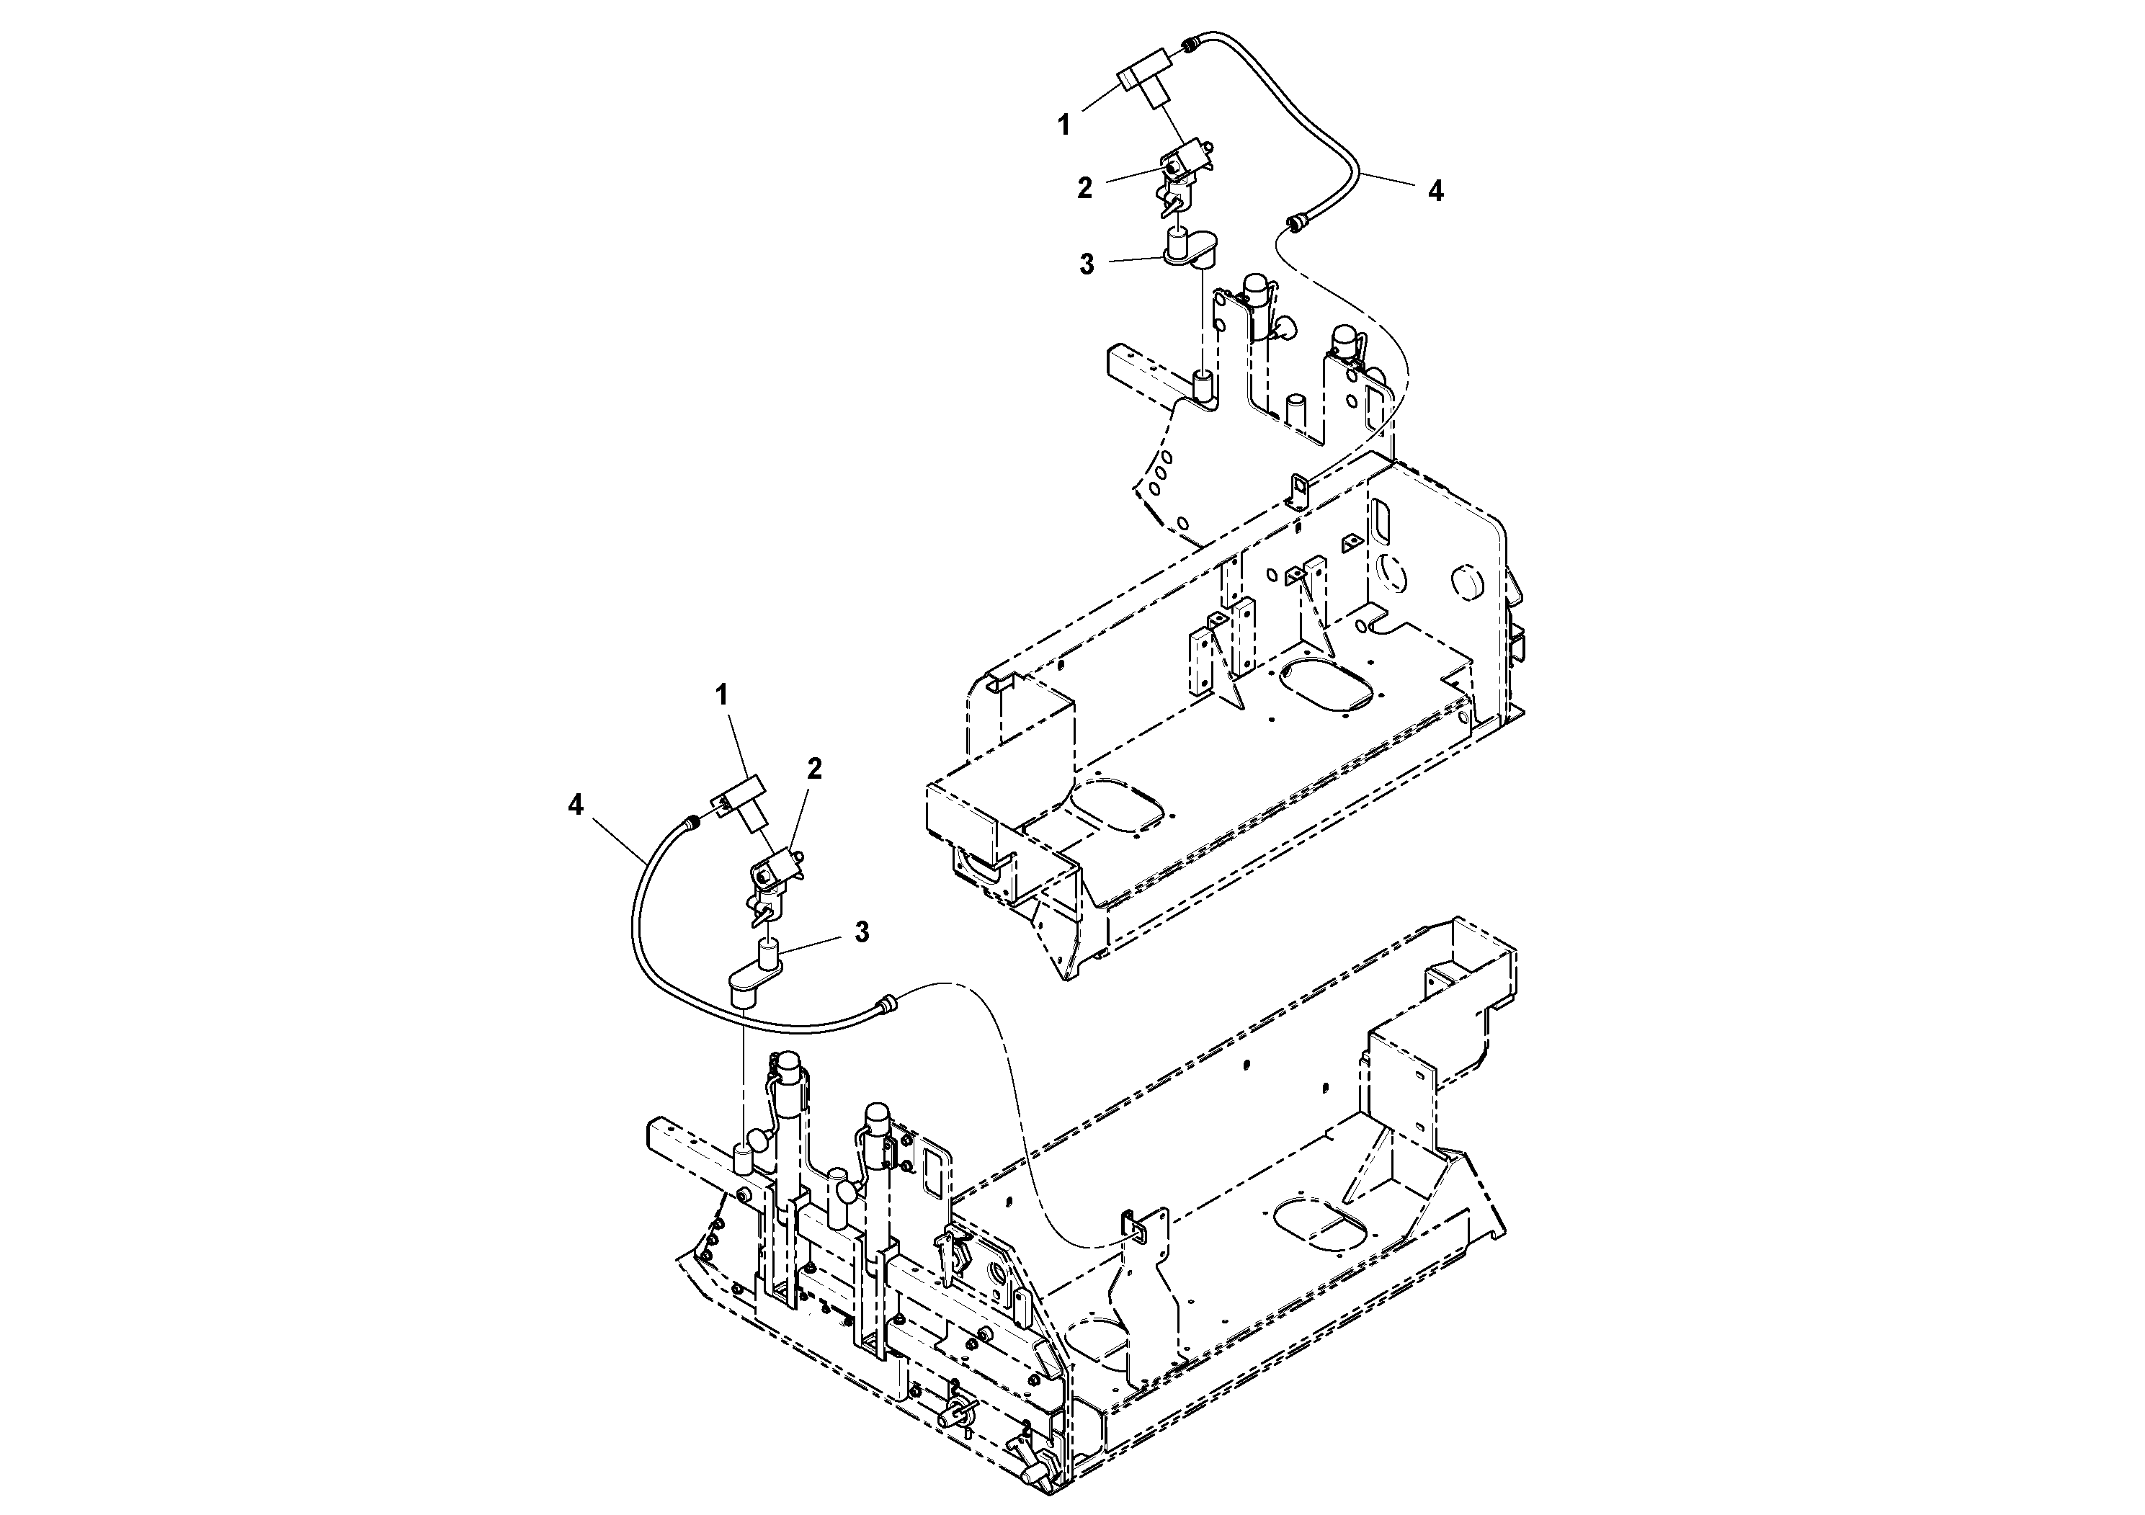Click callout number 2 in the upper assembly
pyautogui.click(x=1084, y=188)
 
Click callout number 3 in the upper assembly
pyautogui.click(x=1087, y=264)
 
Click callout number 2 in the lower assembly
pyautogui.click(x=815, y=769)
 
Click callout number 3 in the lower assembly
pyautogui.click(x=861, y=931)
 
